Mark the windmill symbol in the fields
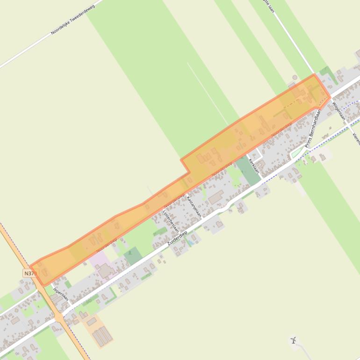coord(293,340)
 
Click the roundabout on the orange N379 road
coord(59,317)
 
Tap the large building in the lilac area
coord(105,270)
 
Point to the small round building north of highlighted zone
coord(295,77)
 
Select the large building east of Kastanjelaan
coord(216,198)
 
